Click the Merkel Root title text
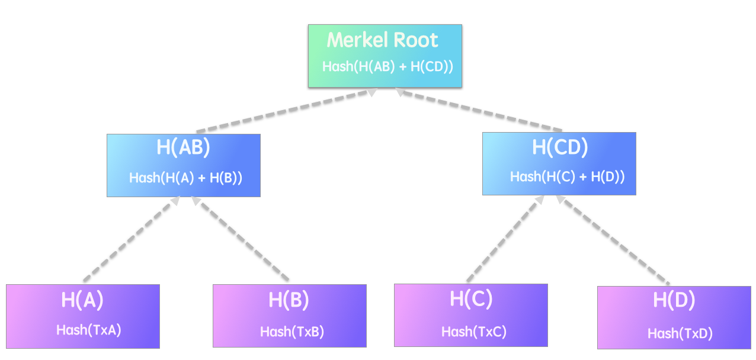pyautogui.click(x=383, y=40)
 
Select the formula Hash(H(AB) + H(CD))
pyautogui.click(x=387, y=66)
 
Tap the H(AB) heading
pyautogui.click(x=183, y=148)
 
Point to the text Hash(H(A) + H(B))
pyautogui.click(x=186, y=178)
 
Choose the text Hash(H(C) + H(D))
pyautogui.click(x=567, y=176)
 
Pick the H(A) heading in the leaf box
pyautogui.click(x=82, y=300)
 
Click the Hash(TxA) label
pyautogui.click(x=89, y=330)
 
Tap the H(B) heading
pyautogui.click(x=289, y=301)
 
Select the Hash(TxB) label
pyautogui.click(x=292, y=331)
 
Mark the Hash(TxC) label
pyautogui.click(x=474, y=331)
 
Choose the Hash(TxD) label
pyautogui.click(x=680, y=333)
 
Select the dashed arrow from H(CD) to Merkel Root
pyautogui.click(x=480, y=110)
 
